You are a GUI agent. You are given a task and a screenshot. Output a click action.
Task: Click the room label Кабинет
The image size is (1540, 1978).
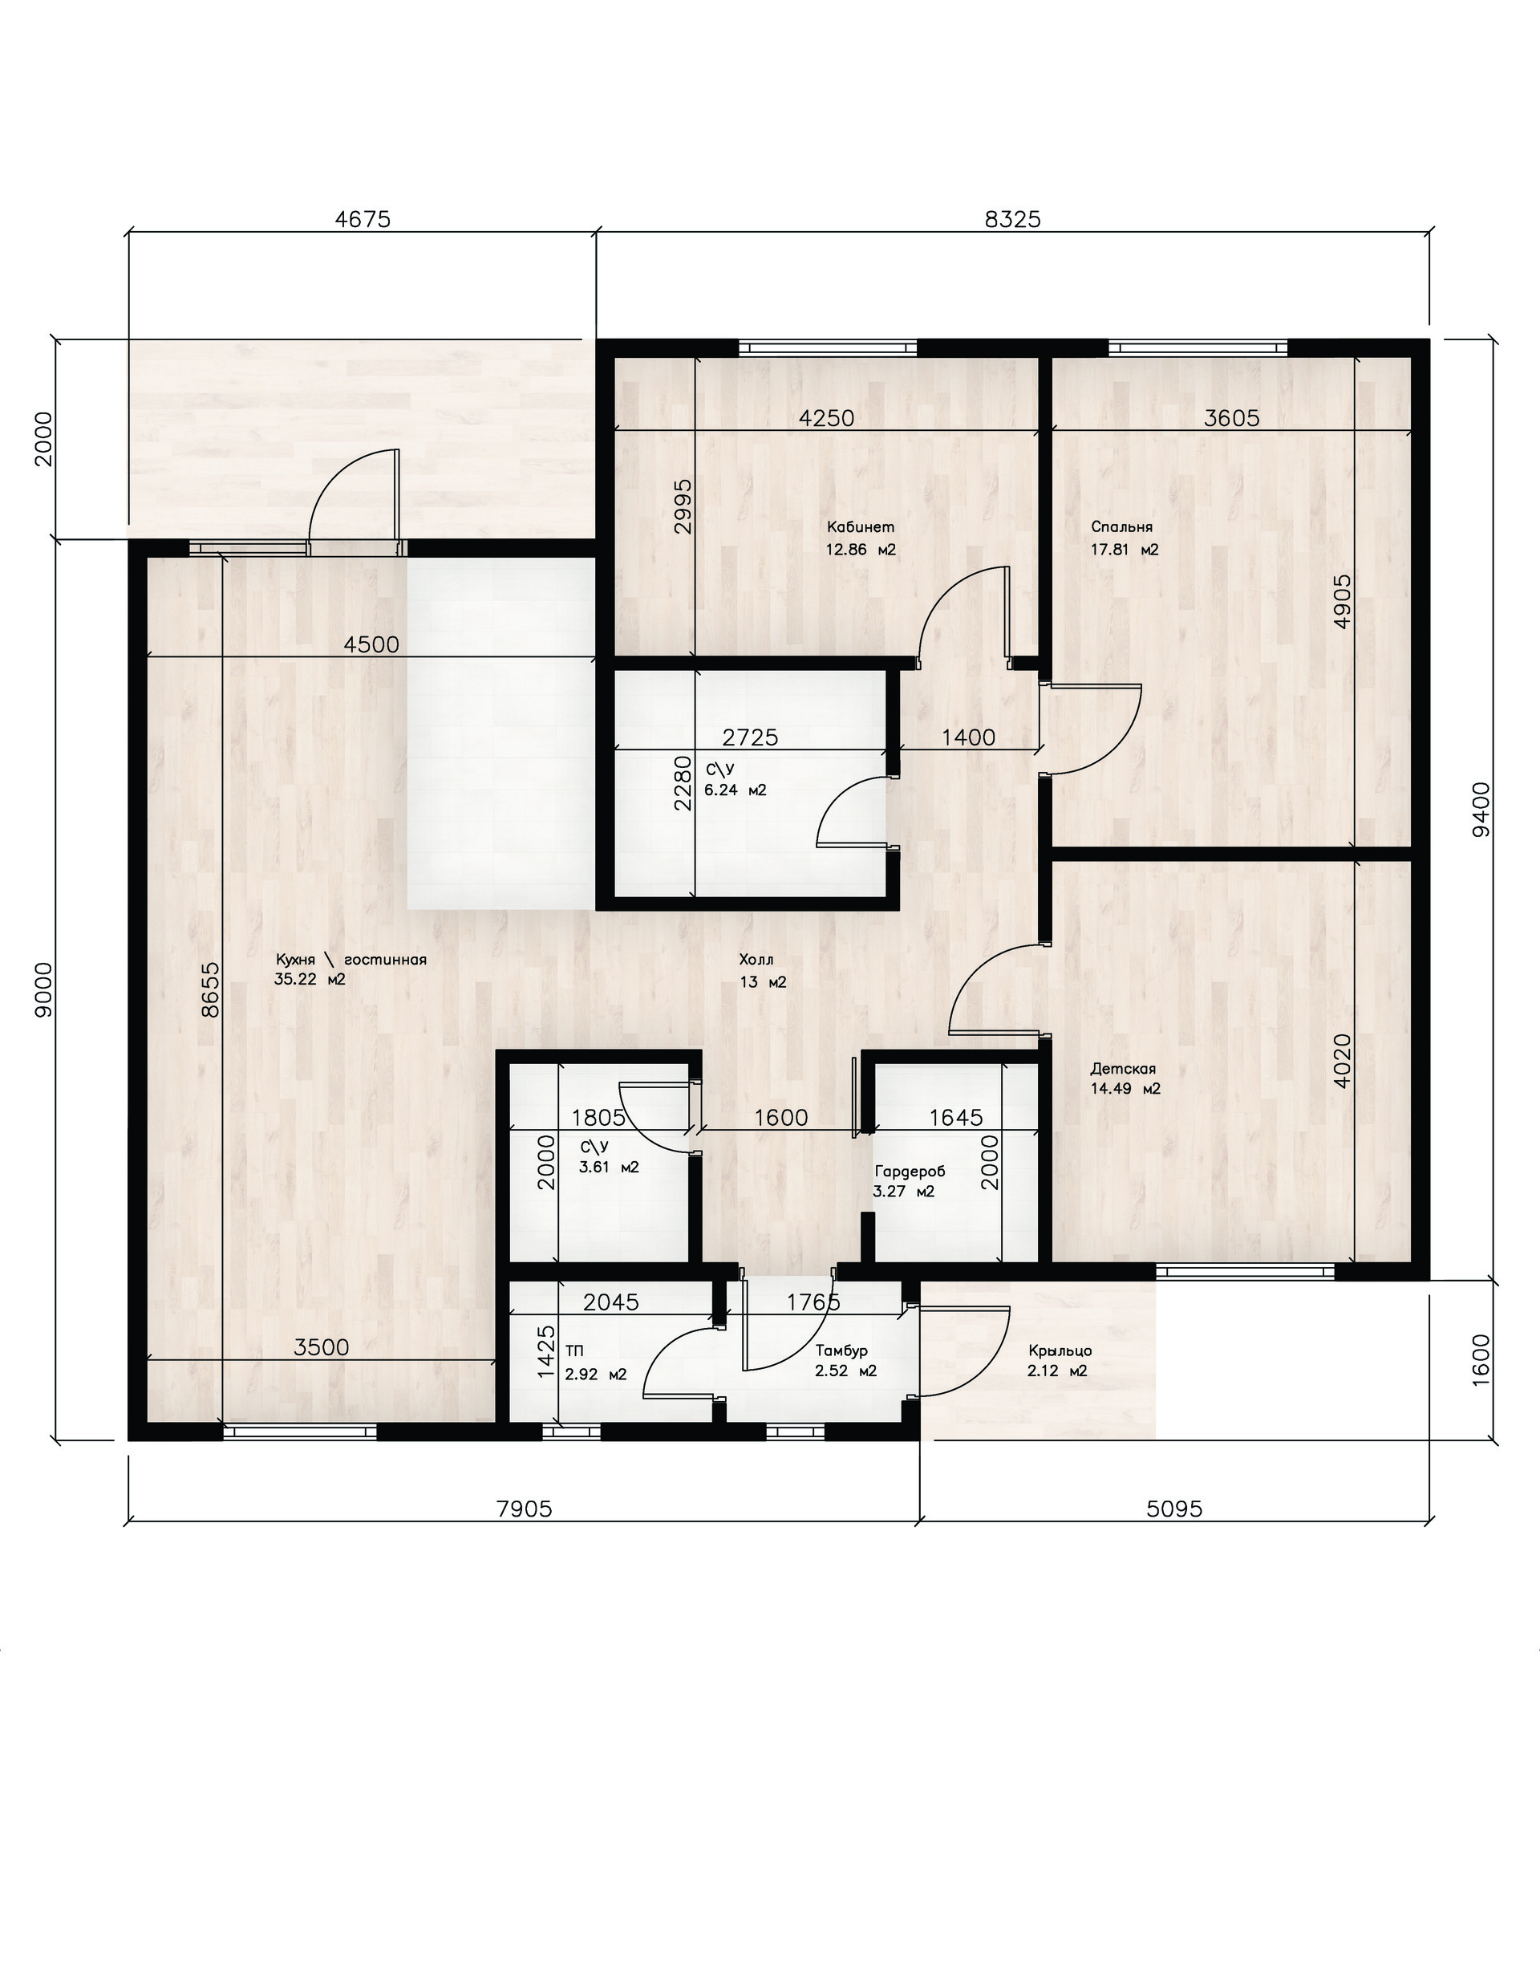[x=860, y=527]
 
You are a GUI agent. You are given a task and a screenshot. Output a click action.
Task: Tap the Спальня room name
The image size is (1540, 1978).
[x=1122, y=527]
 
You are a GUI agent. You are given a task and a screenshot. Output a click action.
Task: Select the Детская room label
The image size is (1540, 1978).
[x=1123, y=1069]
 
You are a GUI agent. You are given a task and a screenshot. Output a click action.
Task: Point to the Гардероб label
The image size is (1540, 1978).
[x=910, y=1171]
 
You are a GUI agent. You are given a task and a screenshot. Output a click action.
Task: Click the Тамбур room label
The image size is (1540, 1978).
[x=841, y=1350]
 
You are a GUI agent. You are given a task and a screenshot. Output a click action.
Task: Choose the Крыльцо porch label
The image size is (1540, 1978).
[x=1060, y=1350]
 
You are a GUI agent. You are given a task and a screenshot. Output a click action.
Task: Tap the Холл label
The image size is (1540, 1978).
[x=756, y=959]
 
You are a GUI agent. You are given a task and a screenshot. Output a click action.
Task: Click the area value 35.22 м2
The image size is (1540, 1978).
[x=310, y=979]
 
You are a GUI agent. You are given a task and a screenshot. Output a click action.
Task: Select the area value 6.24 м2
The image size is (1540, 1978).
[x=736, y=790]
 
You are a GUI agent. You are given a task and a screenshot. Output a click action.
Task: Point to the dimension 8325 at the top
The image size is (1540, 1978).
[x=1012, y=219]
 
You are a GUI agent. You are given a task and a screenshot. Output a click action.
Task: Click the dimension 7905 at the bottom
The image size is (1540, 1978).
[x=525, y=1508]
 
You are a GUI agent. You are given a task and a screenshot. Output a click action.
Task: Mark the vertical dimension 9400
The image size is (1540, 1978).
[x=1481, y=810]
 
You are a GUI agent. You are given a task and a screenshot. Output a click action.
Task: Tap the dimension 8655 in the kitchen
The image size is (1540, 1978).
[x=209, y=990]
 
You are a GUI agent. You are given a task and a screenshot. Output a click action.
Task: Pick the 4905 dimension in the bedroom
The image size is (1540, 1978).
[x=1343, y=600]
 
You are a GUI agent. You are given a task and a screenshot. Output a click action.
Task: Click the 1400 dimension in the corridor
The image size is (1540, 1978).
[x=968, y=737]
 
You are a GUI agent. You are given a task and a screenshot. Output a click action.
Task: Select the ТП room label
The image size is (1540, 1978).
[x=574, y=1350]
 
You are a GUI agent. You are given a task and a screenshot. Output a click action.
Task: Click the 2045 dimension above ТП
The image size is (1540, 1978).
[x=611, y=1302]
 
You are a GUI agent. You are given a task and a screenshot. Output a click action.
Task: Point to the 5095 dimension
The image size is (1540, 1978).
[x=1174, y=1508]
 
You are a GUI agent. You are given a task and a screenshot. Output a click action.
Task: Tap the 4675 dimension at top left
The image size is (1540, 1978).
[x=362, y=219]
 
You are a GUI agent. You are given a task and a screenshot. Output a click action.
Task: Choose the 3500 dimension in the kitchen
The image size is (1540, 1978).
[x=322, y=1346]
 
